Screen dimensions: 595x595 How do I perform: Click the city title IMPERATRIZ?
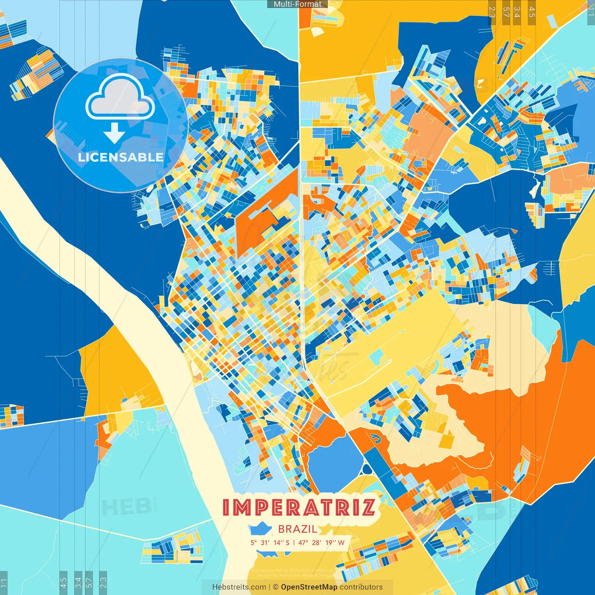[299, 507]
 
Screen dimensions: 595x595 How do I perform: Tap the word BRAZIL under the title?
[297, 529]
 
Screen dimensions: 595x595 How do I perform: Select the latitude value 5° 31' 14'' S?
[270, 542]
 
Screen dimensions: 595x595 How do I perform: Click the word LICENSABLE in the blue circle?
[121, 157]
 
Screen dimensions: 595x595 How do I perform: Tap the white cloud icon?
[120, 97]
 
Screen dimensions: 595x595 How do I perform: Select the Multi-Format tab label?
[297, 4]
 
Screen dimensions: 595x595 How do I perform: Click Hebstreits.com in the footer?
[239, 587]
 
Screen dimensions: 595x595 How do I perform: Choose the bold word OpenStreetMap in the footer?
[309, 587]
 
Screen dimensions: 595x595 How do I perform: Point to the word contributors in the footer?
[361, 587]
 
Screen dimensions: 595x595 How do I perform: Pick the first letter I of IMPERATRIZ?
[226, 507]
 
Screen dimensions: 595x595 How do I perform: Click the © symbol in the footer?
[275, 587]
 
